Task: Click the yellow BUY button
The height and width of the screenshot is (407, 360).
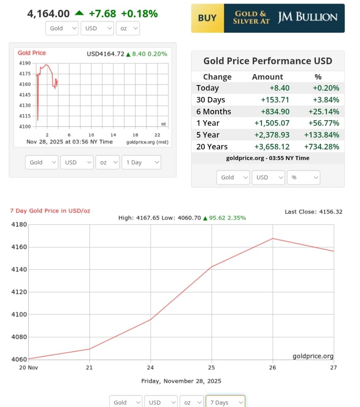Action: pyautogui.click(x=207, y=18)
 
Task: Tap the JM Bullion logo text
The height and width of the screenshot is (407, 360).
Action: pyautogui.click(x=308, y=17)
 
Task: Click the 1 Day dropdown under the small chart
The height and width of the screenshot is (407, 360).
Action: pyautogui.click(x=141, y=162)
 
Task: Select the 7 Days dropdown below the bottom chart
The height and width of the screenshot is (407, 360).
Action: pyautogui.click(x=225, y=402)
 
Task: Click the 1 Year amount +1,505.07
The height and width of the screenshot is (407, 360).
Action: pyautogui.click(x=275, y=123)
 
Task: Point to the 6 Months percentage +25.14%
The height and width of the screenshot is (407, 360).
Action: pyautogui.click(x=321, y=112)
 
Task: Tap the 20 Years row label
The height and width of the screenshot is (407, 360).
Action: pyautogui.click(x=212, y=147)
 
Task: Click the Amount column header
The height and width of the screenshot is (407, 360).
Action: pyautogui.click(x=267, y=77)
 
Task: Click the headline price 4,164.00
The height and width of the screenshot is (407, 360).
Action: pyautogui.click(x=48, y=14)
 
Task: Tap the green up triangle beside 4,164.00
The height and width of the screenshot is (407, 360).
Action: pyautogui.click(x=79, y=13)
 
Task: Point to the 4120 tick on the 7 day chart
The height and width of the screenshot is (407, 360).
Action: pyautogui.click(x=19, y=292)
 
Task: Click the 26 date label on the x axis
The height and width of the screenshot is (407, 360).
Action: pyautogui.click(x=272, y=368)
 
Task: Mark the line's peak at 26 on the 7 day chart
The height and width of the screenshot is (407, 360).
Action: pyautogui.click(x=272, y=238)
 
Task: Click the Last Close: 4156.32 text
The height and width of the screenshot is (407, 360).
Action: pyautogui.click(x=313, y=212)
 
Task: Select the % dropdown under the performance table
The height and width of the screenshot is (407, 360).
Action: pyautogui.click(x=303, y=177)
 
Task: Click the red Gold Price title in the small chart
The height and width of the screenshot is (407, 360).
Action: pyautogui.click(x=32, y=53)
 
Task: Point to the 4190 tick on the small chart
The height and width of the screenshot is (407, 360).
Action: pyautogui.click(x=24, y=63)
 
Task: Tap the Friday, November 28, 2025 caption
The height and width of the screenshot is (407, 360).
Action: pyautogui.click(x=181, y=381)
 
